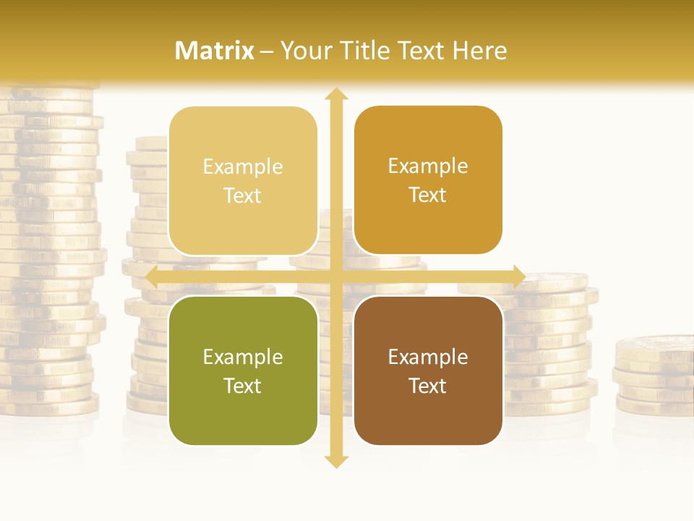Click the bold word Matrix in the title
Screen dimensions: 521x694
[x=215, y=51]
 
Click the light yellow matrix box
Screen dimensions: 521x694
[x=243, y=181]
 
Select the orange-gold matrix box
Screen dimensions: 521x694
[x=428, y=180]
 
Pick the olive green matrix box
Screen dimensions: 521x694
[x=243, y=370]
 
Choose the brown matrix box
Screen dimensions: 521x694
[x=428, y=370]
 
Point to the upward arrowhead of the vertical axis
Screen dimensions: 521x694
[x=336, y=94]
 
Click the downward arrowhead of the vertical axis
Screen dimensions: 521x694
[x=336, y=461]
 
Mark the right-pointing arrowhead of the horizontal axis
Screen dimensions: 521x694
[x=519, y=276]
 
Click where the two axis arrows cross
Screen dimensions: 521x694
[x=336, y=276]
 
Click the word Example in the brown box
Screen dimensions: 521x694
[x=428, y=357]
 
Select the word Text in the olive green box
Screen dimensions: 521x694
[x=243, y=386]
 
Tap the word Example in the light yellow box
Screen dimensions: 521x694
[x=243, y=166]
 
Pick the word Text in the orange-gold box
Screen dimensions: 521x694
[x=428, y=195]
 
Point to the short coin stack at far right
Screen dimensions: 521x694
[x=654, y=376]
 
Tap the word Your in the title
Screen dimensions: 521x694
[x=304, y=51]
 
